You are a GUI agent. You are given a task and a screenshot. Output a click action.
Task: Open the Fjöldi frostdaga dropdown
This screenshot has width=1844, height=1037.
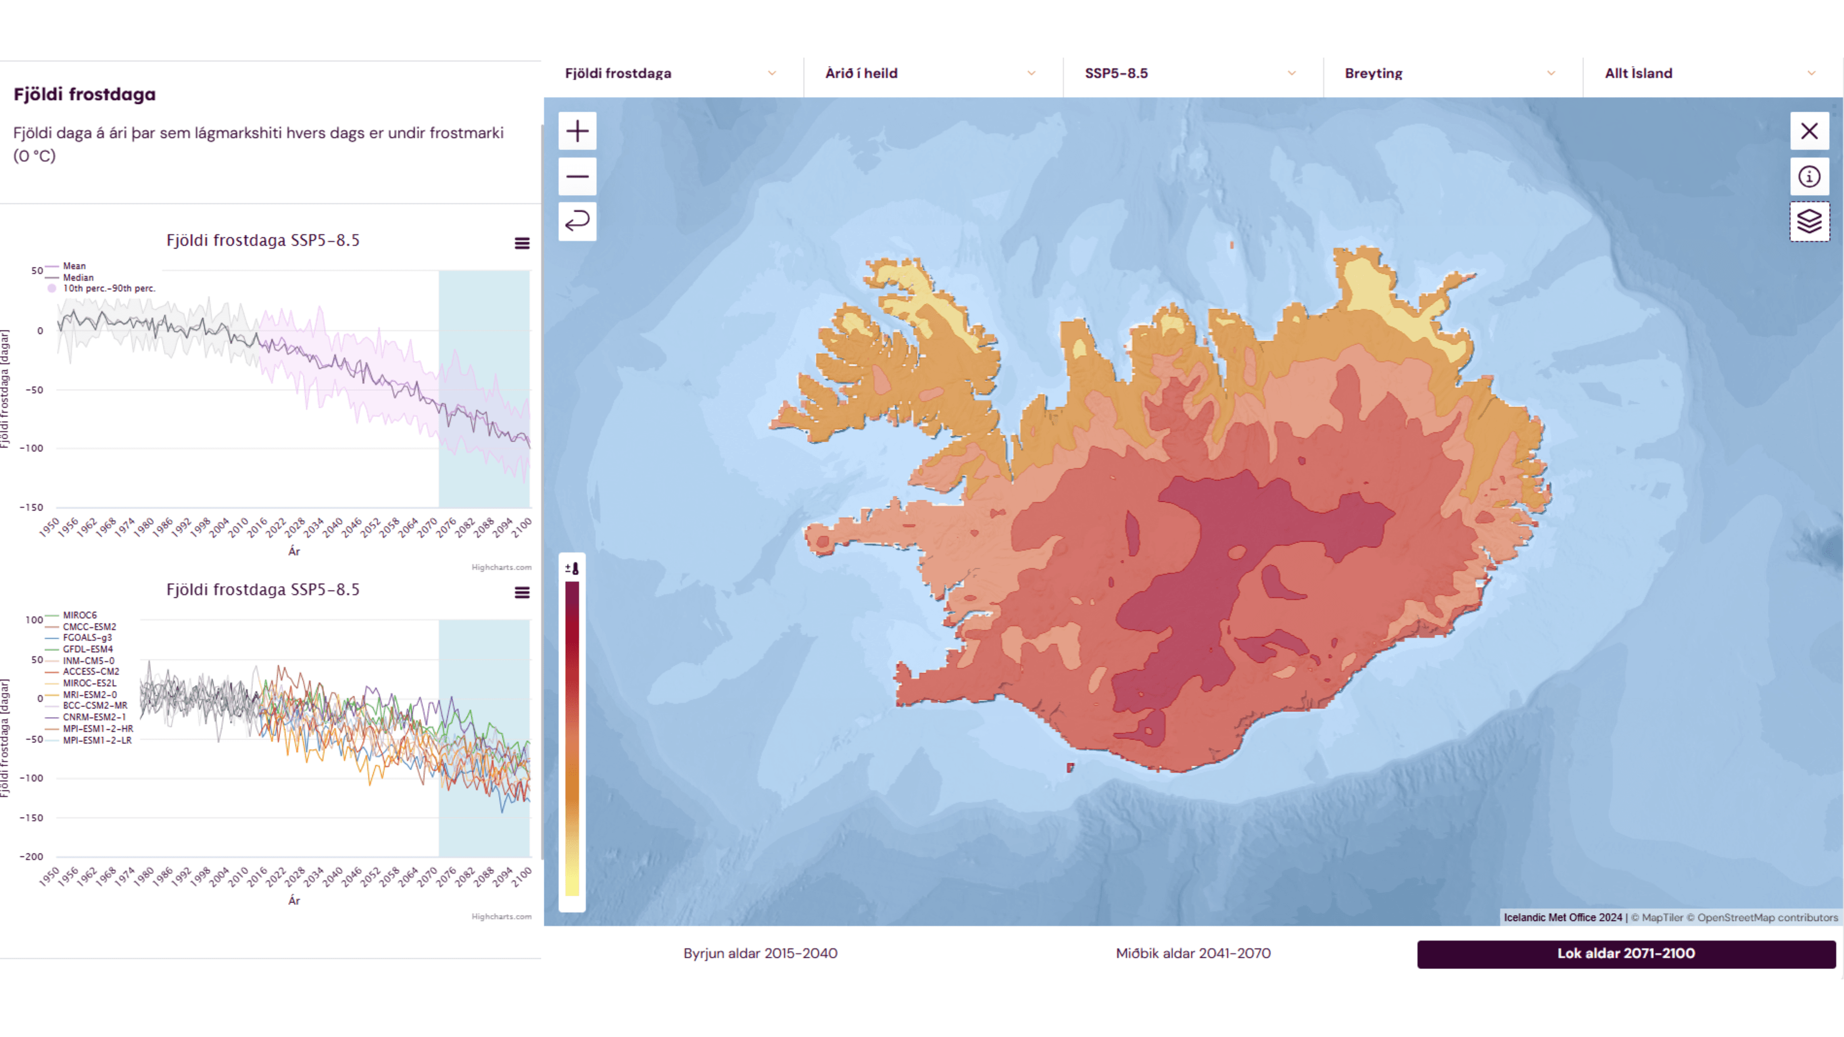(670, 73)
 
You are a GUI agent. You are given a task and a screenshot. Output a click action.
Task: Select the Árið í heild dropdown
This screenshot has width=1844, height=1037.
(930, 73)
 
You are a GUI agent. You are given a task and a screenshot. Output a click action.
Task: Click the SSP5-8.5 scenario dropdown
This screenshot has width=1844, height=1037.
(1190, 73)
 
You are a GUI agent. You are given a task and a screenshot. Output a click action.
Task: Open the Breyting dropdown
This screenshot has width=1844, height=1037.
(1450, 73)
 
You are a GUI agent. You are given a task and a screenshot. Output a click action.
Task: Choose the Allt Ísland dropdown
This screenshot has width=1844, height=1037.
(1710, 73)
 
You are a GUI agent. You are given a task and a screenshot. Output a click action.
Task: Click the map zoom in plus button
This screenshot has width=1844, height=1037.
(577, 131)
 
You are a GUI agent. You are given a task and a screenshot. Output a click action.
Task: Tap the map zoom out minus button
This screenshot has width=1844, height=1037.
(577, 176)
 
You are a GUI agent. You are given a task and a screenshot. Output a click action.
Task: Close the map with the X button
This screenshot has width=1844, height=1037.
(1809, 131)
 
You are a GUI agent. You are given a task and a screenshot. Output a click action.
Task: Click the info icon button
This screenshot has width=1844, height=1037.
(1809, 176)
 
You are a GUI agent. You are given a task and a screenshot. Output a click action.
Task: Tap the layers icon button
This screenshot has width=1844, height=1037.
(1809, 221)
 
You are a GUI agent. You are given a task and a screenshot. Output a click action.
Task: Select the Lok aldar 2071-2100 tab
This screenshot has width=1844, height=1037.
(1626, 953)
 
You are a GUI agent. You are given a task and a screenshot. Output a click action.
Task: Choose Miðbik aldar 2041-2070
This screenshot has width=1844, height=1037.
(1192, 953)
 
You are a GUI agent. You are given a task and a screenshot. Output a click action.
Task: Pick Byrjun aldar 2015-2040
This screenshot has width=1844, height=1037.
(760, 953)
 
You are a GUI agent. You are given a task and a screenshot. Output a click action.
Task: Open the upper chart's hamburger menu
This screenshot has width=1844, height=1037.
(522, 243)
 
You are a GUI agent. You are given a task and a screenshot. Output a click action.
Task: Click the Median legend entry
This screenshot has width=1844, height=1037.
(77, 277)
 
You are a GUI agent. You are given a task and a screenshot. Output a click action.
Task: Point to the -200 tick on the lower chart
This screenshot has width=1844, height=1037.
(32, 856)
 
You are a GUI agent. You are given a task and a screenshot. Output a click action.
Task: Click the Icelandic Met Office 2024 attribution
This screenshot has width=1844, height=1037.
(1563, 917)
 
